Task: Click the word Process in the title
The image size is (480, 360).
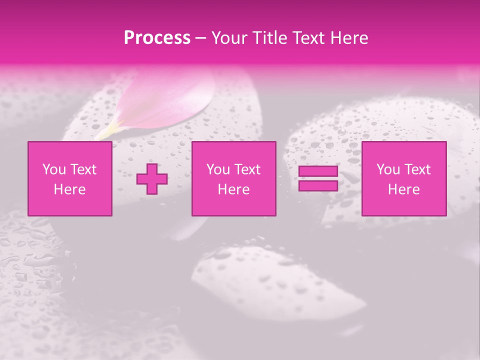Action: click(157, 38)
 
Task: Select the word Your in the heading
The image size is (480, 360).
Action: click(229, 38)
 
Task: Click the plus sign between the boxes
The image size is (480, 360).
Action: click(152, 179)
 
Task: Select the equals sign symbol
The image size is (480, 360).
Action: click(318, 179)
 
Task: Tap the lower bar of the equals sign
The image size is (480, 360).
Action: click(318, 186)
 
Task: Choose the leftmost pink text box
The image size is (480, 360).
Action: click(70, 179)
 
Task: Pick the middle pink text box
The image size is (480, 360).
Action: click(234, 179)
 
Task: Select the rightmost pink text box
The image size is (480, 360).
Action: click(404, 179)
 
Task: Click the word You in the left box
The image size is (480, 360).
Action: click(53, 169)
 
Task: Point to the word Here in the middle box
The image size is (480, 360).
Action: click(234, 189)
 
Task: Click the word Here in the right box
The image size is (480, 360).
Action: click(404, 189)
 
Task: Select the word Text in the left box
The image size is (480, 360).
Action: click(83, 169)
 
